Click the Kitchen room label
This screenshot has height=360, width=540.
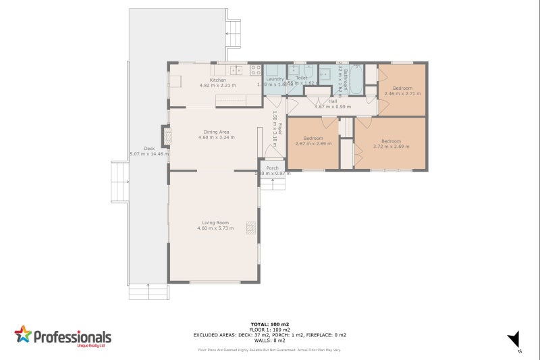click(217, 80)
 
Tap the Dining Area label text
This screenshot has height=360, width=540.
click(217, 132)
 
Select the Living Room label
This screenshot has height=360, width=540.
click(215, 223)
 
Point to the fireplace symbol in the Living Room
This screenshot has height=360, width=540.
click(251, 229)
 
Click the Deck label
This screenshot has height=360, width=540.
click(148, 149)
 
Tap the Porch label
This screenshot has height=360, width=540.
click(272, 168)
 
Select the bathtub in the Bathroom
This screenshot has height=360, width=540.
click(356, 80)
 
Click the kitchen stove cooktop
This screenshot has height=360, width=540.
click(256, 69)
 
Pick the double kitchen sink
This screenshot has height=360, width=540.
click(236, 70)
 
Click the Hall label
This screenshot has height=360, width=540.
click(333, 101)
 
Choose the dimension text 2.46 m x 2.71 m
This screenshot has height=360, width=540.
click(402, 94)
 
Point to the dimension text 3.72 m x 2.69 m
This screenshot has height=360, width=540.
click(391, 146)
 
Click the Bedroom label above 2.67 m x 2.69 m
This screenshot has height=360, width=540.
click(313, 138)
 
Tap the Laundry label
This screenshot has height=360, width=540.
click(275, 79)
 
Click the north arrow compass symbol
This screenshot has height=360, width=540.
click(515, 339)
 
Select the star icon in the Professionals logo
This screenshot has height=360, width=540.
click(23, 334)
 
